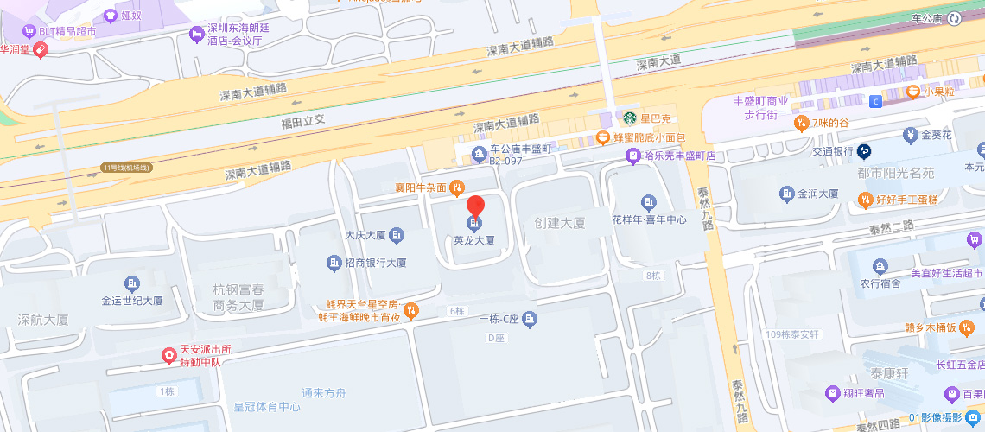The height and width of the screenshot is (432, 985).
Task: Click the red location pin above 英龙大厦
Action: (x=475, y=207)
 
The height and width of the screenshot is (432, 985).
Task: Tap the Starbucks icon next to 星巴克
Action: (x=629, y=118)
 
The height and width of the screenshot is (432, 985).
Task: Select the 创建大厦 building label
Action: (x=559, y=223)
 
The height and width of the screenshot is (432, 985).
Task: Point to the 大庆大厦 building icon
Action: (x=397, y=234)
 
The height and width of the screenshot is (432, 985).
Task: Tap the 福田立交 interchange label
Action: (x=302, y=120)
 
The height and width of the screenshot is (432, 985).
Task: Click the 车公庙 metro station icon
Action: (x=954, y=17)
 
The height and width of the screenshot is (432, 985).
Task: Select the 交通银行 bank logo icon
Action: (x=864, y=151)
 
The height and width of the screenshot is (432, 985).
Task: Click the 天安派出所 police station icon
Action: (x=170, y=355)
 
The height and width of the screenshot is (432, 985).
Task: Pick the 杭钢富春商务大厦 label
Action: (x=238, y=297)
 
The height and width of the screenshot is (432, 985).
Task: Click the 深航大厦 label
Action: (x=43, y=320)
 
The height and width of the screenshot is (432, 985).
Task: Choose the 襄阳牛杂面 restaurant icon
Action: (x=457, y=187)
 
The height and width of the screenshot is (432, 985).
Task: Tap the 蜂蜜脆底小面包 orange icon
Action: (x=603, y=137)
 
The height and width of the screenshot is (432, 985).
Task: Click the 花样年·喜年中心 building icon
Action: (x=649, y=202)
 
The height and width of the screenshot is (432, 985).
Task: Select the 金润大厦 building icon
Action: (x=786, y=194)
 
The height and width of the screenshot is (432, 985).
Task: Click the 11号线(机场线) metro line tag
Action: (x=126, y=168)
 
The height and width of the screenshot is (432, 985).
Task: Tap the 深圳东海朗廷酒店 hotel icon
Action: (x=196, y=34)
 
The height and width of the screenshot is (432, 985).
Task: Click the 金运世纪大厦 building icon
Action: (x=131, y=283)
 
